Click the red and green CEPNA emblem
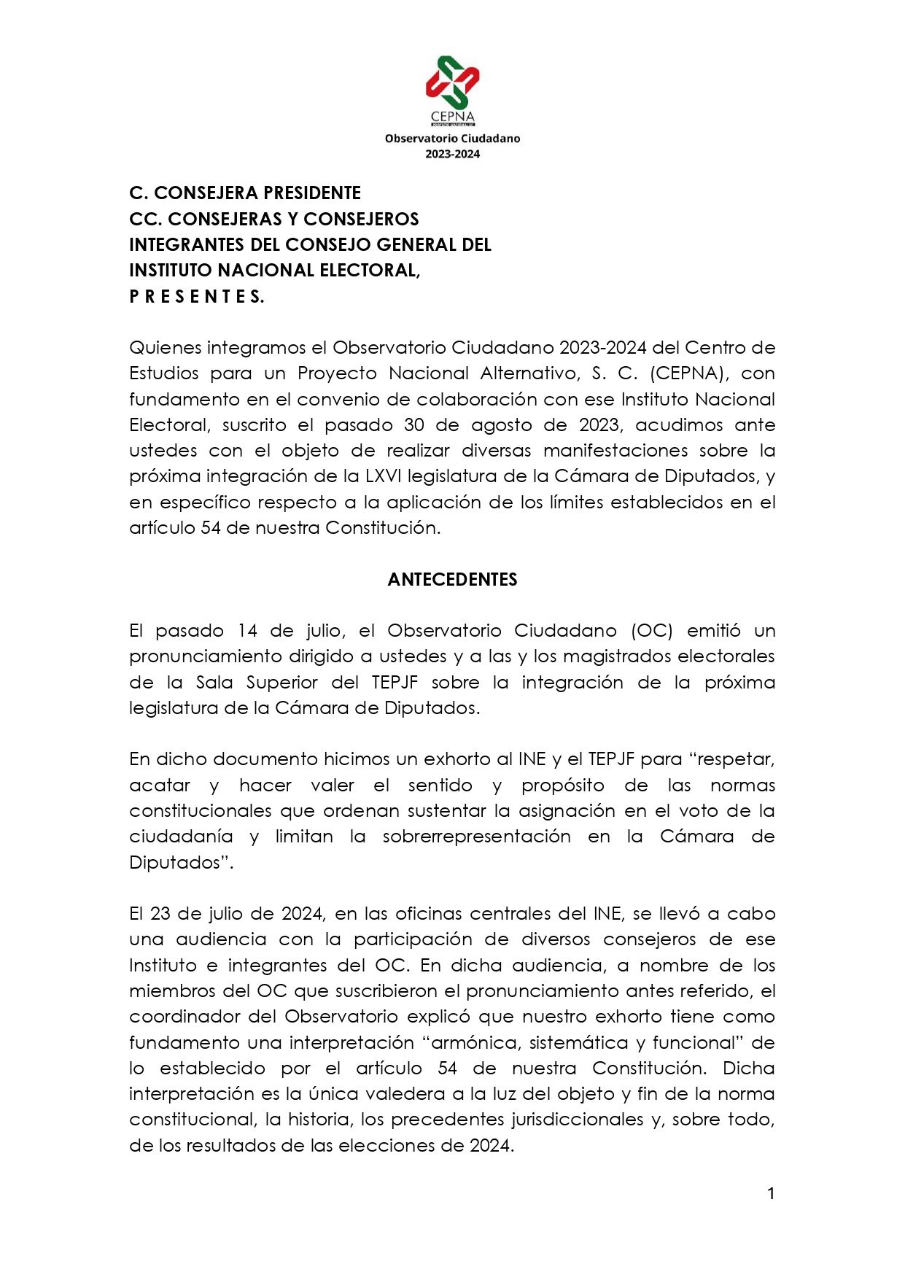[452, 82]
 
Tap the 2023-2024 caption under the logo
[452, 154]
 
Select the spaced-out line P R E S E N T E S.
[196, 296]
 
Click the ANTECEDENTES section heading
[452, 580]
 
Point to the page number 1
[770, 1193]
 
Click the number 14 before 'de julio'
[248, 631]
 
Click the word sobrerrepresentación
[476, 837]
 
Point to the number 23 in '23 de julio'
[159, 914]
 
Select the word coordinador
[182, 1017]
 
